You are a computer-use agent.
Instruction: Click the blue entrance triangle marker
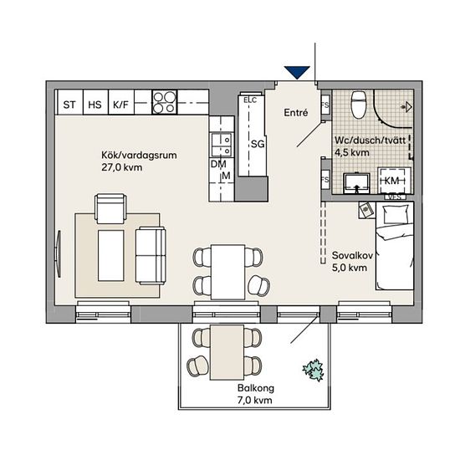click(x=297, y=72)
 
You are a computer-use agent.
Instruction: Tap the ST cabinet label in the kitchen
click(x=69, y=105)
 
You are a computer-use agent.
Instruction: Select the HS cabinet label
click(x=95, y=105)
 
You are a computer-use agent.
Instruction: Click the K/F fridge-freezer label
click(x=121, y=105)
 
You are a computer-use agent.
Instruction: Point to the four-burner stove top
click(x=165, y=102)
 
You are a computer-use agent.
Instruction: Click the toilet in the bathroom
click(x=359, y=105)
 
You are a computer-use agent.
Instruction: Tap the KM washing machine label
click(x=391, y=181)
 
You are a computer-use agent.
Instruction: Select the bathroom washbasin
click(x=356, y=183)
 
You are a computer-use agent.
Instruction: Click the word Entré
click(x=296, y=113)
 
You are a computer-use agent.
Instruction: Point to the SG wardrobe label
click(x=258, y=144)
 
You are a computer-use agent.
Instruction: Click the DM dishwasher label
click(x=218, y=164)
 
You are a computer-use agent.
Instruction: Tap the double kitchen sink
click(x=222, y=145)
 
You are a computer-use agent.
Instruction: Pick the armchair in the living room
click(x=111, y=209)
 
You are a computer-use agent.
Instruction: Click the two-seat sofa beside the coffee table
click(x=151, y=256)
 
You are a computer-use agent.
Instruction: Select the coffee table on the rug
click(x=111, y=256)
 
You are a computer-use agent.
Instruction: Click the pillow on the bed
click(x=396, y=214)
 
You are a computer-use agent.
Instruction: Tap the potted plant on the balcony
click(x=314, y=371)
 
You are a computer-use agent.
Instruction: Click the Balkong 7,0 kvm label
click(x=256, y=394)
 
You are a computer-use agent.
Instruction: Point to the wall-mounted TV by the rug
click(x=59, y=253)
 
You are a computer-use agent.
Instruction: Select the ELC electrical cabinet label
click(x=250, y=100)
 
